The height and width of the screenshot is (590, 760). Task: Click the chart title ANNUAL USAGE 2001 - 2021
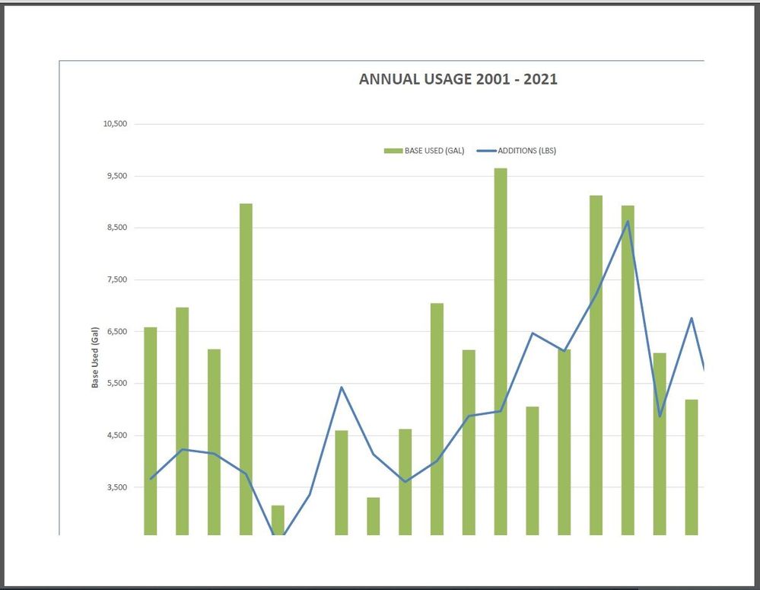click(458, 79)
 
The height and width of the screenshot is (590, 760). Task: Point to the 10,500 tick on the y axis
click(116, 124)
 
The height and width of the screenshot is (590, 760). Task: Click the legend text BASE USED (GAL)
click(434, 151)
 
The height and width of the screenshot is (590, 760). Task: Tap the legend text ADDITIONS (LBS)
click(526, 151)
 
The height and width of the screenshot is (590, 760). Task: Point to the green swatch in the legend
click(393, 151)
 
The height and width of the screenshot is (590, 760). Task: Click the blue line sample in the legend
click(485, 151)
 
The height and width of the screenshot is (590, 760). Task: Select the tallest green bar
click(501, 350)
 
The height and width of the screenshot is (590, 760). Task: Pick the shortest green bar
click(278, 520)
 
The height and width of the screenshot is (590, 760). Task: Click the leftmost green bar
click(151, 430)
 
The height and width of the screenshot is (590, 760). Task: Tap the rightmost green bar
click(692, 466)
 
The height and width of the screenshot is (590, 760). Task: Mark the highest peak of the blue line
click(628, 222)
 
